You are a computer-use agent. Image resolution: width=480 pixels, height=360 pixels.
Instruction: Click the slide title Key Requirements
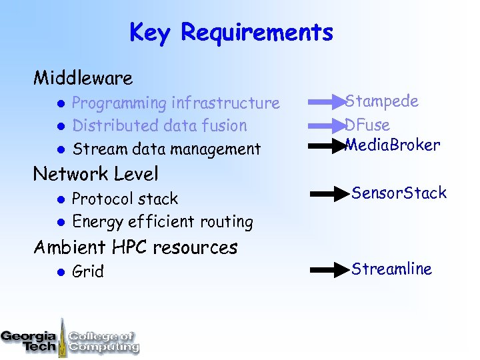pyautogui.click(x=231, y=32)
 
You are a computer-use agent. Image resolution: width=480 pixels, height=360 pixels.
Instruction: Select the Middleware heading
pyautogui.click(x=83, y=79)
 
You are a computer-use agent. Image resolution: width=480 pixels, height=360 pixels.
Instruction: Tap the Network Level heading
pyautogui.click(x=96, y=175)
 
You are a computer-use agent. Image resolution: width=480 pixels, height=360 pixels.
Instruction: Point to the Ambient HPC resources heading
pyautogui.click(x=135, y=247)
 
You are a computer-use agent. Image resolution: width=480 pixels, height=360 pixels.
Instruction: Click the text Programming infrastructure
pyautogui.click(x=175, y=103)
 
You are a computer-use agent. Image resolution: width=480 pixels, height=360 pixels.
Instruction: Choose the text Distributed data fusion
pyautogui.click(x=159, y=126)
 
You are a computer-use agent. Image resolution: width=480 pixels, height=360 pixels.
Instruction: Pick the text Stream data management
pyautogui.click(x=166, y=149)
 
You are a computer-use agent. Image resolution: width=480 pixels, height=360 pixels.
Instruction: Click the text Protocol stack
pyautogui.click(x=125, y=199)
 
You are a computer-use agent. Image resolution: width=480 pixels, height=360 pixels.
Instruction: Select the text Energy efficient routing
pyautogui.click(x=162, y=221)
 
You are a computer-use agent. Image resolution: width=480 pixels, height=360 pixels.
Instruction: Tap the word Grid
pyautogui.click(x=87, y=272)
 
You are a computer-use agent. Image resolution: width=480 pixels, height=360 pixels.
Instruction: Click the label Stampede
pyautogui.click(x=382, y=102)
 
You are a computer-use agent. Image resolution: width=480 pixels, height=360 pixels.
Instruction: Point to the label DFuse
pyautogui.click(x=367, y=125)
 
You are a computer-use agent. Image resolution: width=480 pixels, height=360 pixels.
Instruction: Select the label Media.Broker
pyautogui.click(x=393, y=145)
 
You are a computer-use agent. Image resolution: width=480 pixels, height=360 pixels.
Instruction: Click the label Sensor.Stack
pyautogui.click(x=399, y=193)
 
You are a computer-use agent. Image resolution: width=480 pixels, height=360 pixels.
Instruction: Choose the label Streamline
pyautogui.click(x=391, y=269)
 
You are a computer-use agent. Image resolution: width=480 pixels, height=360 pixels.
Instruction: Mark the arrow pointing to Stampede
pyautogui.click(x=327, y=103)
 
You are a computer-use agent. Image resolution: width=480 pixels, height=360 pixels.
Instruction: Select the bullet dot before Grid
pyautogui.click(x=59, y=272)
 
